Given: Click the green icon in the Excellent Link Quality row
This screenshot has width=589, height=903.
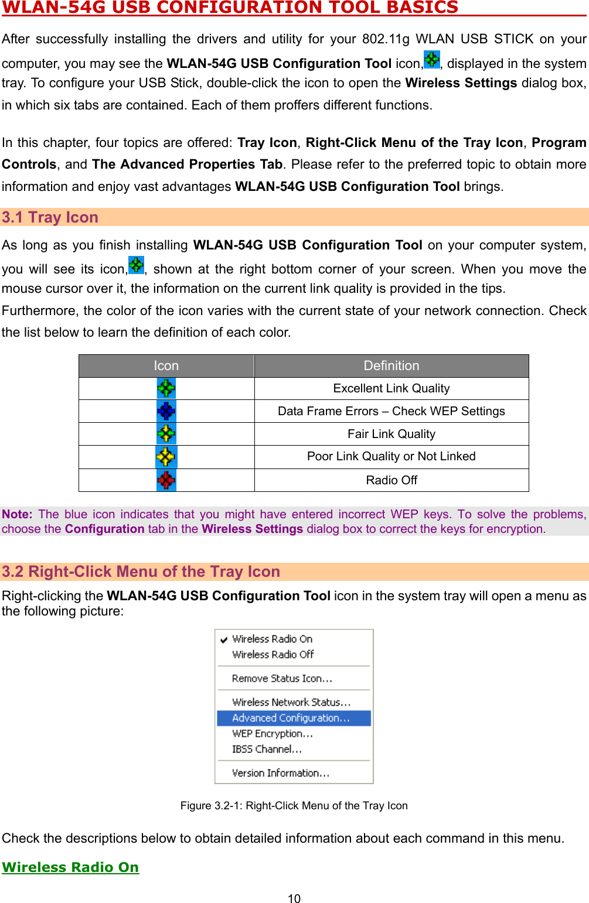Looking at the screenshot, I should point(166,388).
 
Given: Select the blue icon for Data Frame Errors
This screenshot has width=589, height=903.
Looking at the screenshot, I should point(166,411).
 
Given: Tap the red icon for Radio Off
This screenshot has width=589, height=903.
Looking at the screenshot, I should point(166,480).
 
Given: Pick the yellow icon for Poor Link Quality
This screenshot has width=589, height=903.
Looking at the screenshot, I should point(166,457).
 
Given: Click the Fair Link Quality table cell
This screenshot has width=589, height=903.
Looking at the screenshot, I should point(391,434).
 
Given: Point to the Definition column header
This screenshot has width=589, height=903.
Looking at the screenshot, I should point(391,366).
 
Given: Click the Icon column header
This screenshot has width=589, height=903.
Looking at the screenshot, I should point(166,366).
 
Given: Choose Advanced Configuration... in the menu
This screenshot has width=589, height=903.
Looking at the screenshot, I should point(291,718).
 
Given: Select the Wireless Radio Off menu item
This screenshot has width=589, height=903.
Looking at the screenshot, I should point(273,655).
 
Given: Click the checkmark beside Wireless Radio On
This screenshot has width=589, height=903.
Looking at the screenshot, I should point(224,639).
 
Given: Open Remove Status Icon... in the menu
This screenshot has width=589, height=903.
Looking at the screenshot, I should point(282,679).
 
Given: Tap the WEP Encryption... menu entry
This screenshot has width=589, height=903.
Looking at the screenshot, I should point(273,734).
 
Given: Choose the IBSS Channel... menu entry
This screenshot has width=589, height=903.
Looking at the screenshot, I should point(267,750).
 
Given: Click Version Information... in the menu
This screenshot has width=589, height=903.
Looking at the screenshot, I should point(281,773).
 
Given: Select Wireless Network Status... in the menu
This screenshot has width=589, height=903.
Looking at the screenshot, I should point(291,702).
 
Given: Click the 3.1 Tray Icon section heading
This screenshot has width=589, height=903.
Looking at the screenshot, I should point(50,217).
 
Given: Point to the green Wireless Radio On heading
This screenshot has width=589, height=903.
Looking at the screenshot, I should point(70,867).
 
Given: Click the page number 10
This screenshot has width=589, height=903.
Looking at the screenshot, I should point(294,899).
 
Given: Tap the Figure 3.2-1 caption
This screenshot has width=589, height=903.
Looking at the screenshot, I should point(294,806).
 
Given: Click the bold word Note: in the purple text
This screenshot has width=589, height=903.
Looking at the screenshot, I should point(17,514).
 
